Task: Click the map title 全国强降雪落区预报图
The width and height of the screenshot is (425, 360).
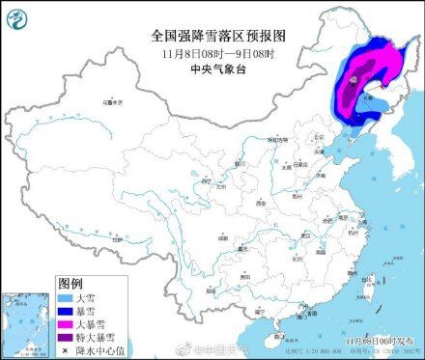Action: pos(212,35)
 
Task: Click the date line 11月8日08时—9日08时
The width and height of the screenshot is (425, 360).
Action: pos(212,53)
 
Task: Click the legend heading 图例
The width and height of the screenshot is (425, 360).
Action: pos(71,285)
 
